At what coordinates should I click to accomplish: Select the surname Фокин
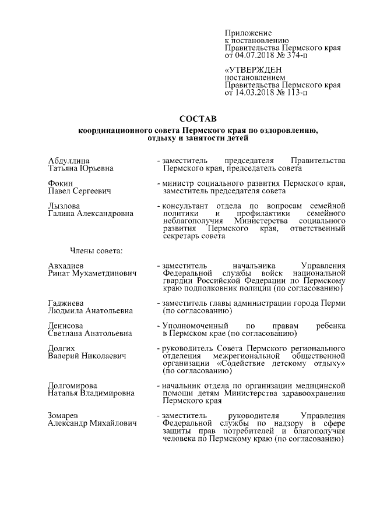pos(60,183)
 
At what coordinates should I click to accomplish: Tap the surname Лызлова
pos(64,206)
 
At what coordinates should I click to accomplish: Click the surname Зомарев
pos(65,416)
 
